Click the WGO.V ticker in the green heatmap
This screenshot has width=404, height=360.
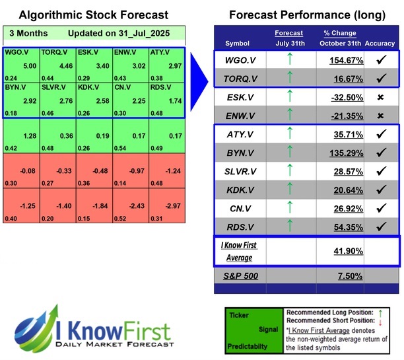(15, 52)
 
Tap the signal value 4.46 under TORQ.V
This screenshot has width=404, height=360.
(57, 66)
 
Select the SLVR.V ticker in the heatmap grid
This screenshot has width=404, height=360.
(53, 86)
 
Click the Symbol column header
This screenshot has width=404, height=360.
(238, 44)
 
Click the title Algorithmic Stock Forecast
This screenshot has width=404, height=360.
(92, 15)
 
